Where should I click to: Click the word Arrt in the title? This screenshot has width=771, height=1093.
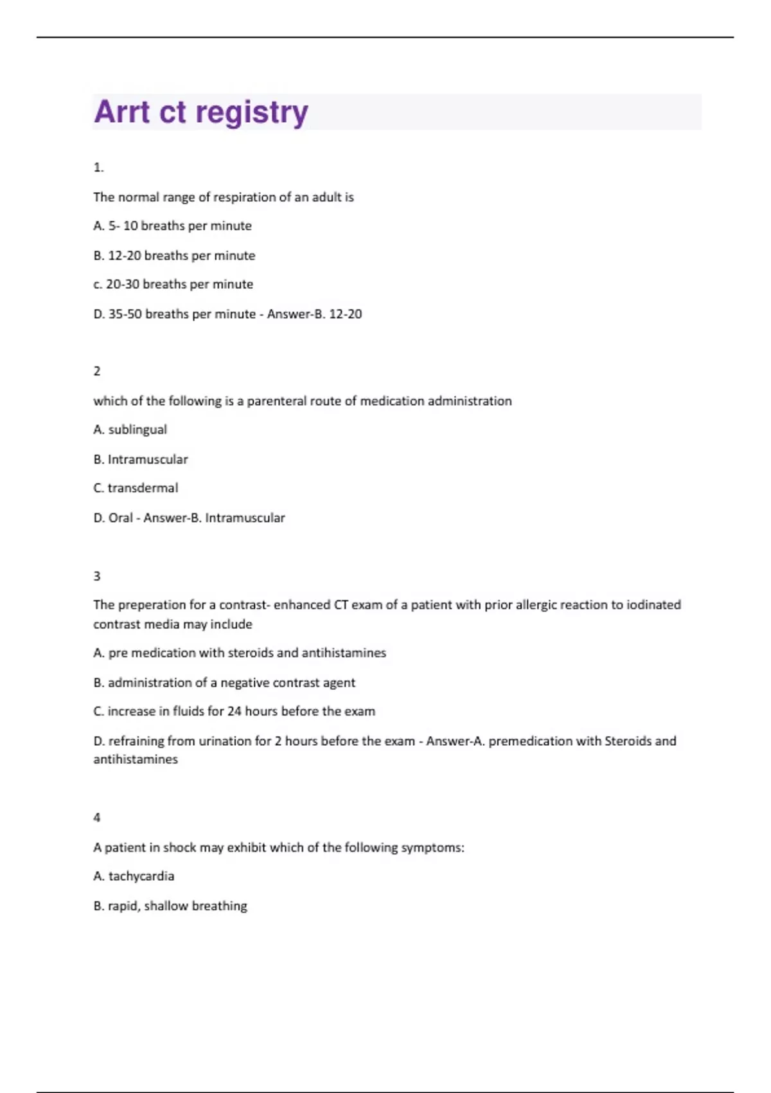(x=122, y=112)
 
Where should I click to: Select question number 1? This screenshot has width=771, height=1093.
(x=98, y=168)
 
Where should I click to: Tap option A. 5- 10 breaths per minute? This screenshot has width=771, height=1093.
(x=172, y=226)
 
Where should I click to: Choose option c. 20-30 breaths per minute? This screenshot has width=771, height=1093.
(x=173, y=284)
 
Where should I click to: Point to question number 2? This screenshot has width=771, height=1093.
(x=97, y=371)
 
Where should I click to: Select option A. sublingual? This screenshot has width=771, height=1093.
(x=130, y=429)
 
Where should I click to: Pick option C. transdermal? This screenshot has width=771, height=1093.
(x=136, y=488)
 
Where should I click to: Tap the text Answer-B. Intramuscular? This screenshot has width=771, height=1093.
(x=214, y=518)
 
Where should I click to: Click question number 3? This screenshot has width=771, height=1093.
(x=97, y=576)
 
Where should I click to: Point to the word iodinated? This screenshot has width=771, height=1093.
(x=654, y=605)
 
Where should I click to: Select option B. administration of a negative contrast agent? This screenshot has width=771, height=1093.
(x=224, y=682)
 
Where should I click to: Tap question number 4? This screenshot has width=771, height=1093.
(x=97, y=818)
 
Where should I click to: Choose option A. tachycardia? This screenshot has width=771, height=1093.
(x=134, y=876)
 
